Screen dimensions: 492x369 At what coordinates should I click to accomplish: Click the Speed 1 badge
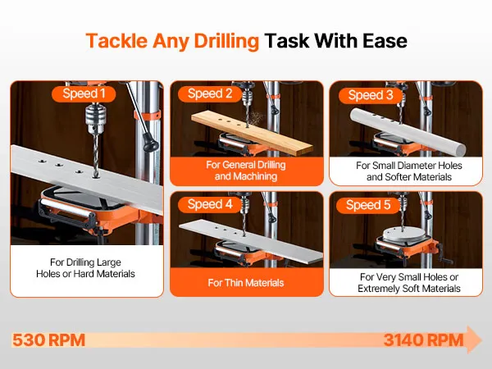click(x=84, y=93)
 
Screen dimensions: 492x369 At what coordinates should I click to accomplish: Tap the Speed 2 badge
click(x=210, y=93)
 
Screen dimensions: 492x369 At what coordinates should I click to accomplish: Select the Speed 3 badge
click(x=371, y=95)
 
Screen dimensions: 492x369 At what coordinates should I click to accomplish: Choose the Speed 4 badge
click(x=210, y=204)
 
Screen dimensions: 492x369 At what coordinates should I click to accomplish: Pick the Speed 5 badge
click(x=368, y=206)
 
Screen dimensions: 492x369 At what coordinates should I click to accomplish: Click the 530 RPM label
click(x=48, y=340)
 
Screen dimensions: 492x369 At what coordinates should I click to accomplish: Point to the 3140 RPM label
click(x=423, y=340)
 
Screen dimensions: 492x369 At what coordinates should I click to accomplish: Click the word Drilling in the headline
click(x=226, y=41)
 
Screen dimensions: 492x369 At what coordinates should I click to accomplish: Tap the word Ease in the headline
click(x=385, y=41)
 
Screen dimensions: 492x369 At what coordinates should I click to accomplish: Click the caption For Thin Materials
click(x=246, y=283)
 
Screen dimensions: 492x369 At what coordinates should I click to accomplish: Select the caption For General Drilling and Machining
click(x=246, y=171)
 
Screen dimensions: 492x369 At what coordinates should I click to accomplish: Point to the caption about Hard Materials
click(x=85, y=268)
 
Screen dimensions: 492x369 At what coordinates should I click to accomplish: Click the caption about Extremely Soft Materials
click(x=409, y=283)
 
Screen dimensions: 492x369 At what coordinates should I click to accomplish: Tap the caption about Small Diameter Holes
click(x=409, y=171)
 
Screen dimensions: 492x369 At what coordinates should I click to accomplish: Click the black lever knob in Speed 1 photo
click(x=150, y=143)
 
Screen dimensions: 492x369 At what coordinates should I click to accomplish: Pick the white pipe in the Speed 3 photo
click(x=408, y=132)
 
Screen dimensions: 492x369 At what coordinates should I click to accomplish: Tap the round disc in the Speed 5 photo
click(x=404, y=235)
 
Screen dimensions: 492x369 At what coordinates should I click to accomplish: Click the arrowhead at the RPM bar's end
click(x=473, y=339)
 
